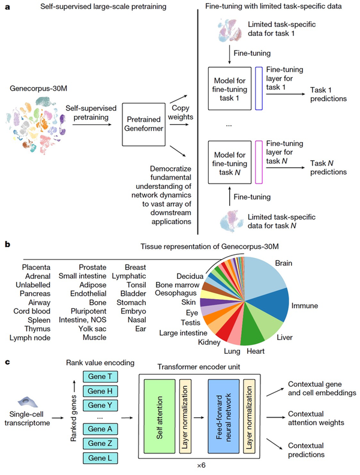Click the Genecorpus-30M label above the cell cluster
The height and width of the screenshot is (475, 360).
coord(35,88)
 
